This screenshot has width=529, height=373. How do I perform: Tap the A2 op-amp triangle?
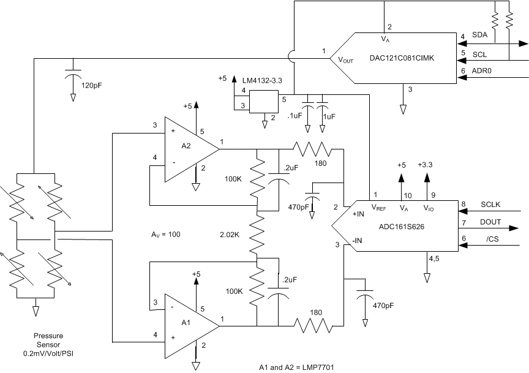click(x=187, y=149)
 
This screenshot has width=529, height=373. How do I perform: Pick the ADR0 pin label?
click(x=482, y=72)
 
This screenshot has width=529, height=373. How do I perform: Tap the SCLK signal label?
click(x=491, y=204)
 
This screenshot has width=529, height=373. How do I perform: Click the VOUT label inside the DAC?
click(x=342, y=60)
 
